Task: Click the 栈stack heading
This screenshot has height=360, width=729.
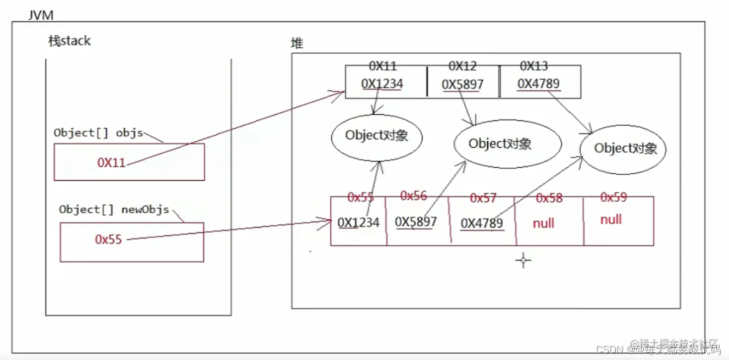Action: [x=69, y=41]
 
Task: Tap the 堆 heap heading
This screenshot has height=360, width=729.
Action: [x=297, y=43]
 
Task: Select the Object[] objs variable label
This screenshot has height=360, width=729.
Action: [x=98, y=132]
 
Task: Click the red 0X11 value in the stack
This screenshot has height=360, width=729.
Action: [x=112, y=162]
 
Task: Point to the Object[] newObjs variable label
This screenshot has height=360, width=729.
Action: [x=114, y=209]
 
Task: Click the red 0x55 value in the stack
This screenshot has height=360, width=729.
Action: [x=108, y=239]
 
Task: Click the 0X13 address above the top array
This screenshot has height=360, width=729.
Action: [x=533, y=67]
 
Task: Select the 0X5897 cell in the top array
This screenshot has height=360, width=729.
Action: [x=463, y=85]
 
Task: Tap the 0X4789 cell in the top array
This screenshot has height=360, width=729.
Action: [x=538, y=84]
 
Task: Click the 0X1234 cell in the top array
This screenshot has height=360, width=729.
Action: [x=382, y=84]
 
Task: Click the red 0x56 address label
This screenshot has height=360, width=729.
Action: [x=414, y=196]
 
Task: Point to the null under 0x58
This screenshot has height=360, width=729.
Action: [x=543, y=223]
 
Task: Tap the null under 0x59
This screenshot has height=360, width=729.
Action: [x=611, y=220]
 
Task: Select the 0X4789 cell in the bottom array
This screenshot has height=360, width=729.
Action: [x=481, y=223]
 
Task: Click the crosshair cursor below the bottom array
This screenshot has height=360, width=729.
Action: [x=523, y=261]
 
